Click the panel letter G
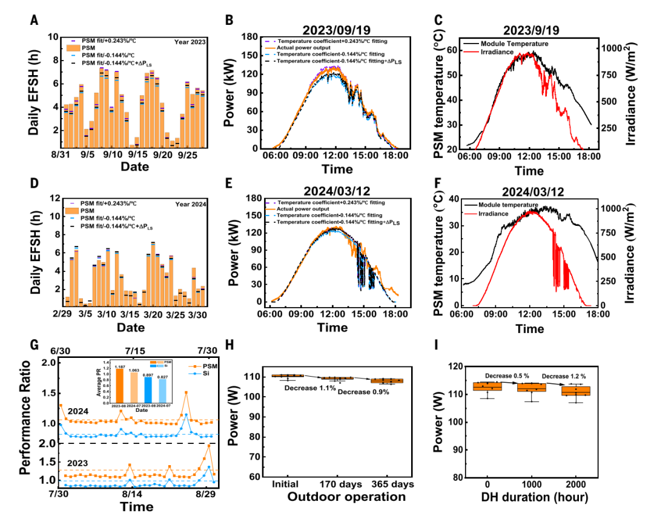(35, 344)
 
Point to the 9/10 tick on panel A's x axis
(113, 155)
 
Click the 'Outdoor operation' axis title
(346, 497)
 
